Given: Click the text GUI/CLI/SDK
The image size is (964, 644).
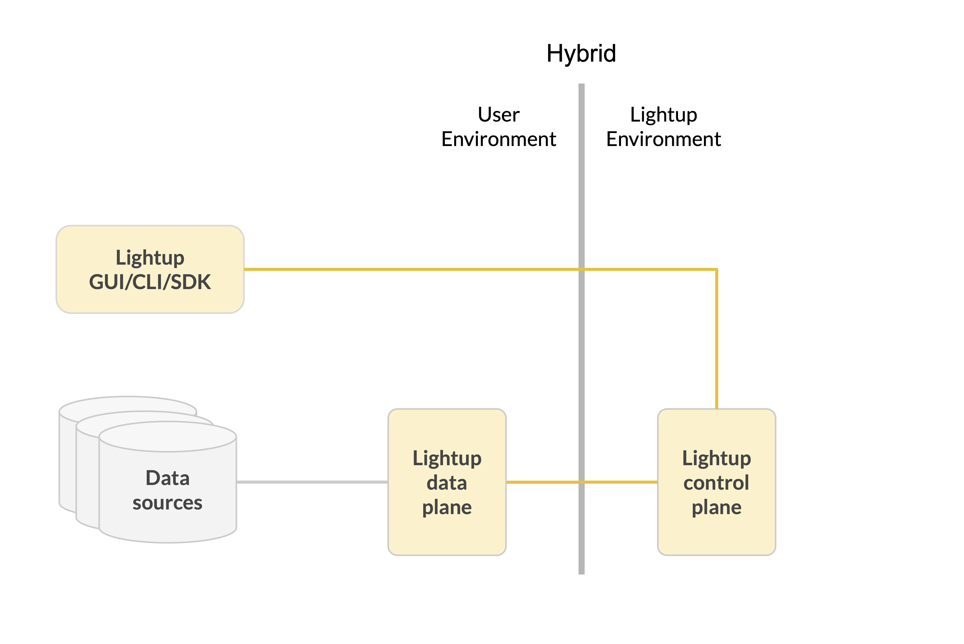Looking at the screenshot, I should (150, 282).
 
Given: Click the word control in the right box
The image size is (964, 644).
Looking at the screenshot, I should (716, 483).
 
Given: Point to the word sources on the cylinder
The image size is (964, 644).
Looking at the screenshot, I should (168, 503).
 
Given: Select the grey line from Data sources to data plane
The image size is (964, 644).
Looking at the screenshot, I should (312, 482).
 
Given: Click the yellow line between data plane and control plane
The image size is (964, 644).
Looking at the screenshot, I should (542, 482).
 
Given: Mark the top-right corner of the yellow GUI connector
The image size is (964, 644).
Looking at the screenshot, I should (716, 270).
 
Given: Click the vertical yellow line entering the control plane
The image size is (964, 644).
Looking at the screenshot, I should (716, 341).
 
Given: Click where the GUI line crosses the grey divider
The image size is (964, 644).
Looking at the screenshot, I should (581, 270).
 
